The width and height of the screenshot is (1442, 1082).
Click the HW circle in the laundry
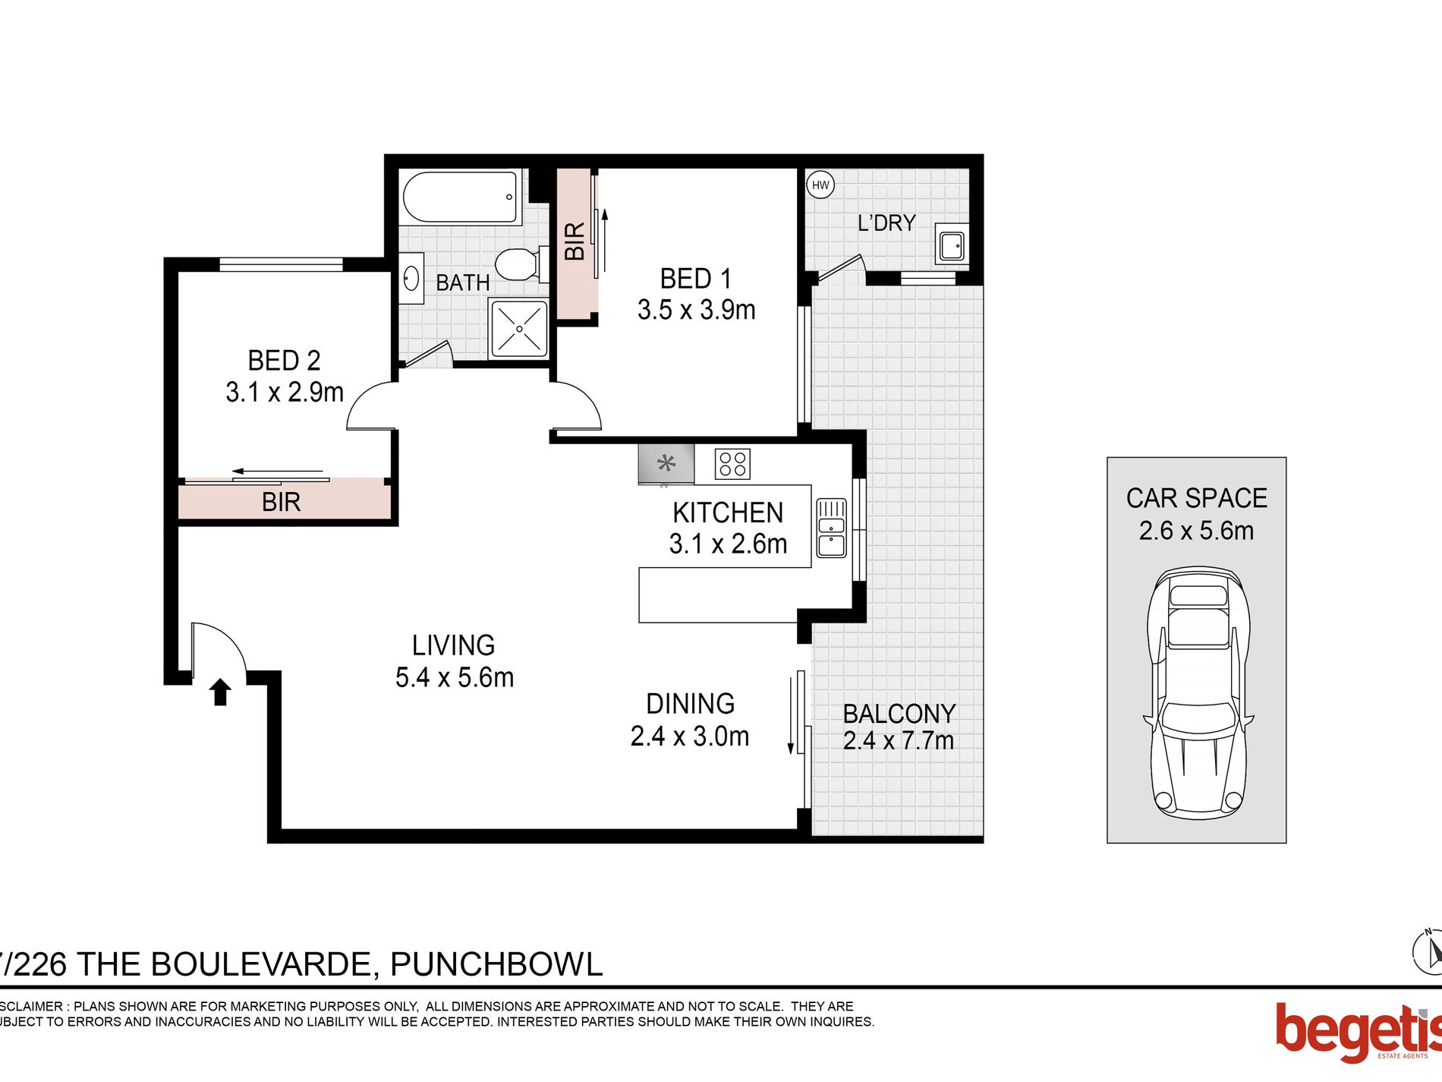(x=820, y=185)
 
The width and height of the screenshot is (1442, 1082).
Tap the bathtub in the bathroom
(x=460, y=197)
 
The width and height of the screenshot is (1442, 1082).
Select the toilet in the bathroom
(x=521, y=264)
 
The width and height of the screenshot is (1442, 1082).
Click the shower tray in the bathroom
(x=519, y=329)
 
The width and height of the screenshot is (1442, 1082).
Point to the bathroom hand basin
(x=411, y=278)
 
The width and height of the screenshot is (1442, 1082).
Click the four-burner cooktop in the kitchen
(x=732, y=464)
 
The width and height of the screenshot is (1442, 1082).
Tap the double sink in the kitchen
(x=831, y=528)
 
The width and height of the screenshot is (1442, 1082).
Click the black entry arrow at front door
(x=220, y=692)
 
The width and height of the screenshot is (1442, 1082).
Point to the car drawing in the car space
(x=1198, y=691)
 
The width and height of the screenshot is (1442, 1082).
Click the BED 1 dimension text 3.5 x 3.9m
(x=696, y=311)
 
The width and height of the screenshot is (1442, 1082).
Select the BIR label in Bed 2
(x=281, y=502)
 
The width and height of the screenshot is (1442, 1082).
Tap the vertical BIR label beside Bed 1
(x=575, y=241)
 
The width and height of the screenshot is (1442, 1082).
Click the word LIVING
(x=453, y=645)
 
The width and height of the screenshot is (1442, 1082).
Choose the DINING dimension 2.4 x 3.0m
(x=689, y=736)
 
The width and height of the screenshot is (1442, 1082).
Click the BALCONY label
(x=899, y=714)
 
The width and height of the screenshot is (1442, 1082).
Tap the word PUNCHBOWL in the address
(x=496, y=964)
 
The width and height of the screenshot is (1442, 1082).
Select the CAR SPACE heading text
(x=1196, y=498)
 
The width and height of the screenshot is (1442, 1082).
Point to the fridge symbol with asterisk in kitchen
(x=666, y=463)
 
